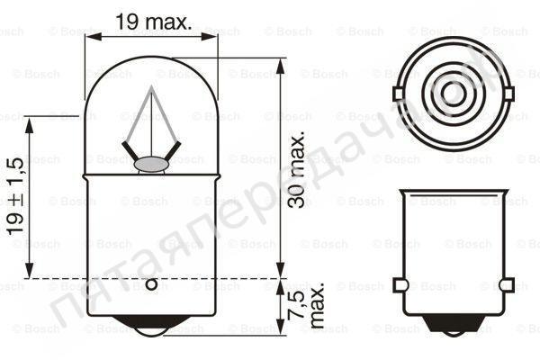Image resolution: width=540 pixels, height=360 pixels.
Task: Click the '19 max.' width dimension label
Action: [x=154, y=22]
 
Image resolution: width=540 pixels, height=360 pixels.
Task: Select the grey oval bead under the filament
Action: [x=150, y=164]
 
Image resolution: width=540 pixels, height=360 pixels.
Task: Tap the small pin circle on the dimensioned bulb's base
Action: [x=151, y=285]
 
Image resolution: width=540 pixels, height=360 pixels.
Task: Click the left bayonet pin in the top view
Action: [x=397, y=93]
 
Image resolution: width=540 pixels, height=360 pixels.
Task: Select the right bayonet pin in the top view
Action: [x=508, y=93]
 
